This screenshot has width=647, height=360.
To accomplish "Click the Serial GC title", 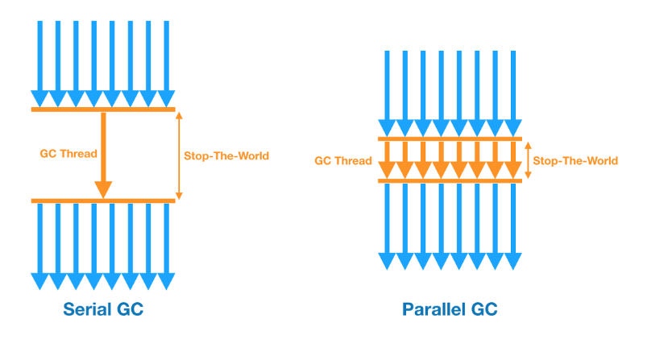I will click(102, 309).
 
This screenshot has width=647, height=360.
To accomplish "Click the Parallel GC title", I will click(450, 309).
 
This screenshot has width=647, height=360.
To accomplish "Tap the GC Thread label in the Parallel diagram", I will click(343, 160).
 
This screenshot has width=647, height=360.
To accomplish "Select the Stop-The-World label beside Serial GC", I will click(226, 155).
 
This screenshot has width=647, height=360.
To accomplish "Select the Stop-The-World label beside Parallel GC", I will click(575, 160).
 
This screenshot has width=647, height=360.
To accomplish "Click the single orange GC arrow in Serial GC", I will click(102, 153).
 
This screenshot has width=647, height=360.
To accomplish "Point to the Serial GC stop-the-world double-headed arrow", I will click(179, 155).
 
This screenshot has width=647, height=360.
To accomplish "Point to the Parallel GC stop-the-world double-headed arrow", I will click(528, 160).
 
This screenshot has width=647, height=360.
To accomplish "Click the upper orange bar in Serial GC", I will click(102, 109).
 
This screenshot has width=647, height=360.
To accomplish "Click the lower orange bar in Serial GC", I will click(102, 201).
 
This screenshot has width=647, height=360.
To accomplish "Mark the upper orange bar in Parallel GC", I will click(450, 140).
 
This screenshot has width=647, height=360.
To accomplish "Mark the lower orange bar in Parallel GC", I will click(450, 180).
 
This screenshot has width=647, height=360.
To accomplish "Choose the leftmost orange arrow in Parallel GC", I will click(387, 160).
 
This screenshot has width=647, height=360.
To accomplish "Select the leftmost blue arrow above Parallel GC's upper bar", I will click(387, 93).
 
